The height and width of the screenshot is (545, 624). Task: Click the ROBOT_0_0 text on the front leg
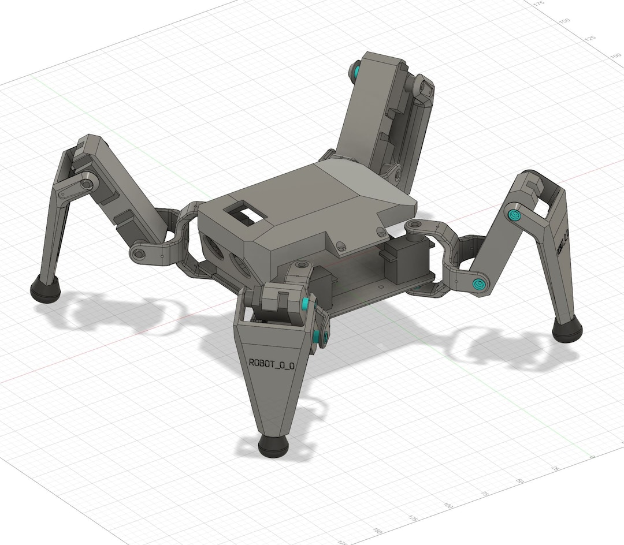(x=272, y=364)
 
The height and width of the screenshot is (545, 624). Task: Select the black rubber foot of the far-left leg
(x=45, y=288)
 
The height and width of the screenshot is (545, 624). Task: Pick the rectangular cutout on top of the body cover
(x=247, y=215)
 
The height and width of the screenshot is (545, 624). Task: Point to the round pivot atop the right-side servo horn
(x=414, y=225)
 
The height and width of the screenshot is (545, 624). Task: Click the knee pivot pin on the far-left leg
(x=86, y=184)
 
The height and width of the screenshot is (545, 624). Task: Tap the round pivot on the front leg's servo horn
(x=300, y=266)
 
